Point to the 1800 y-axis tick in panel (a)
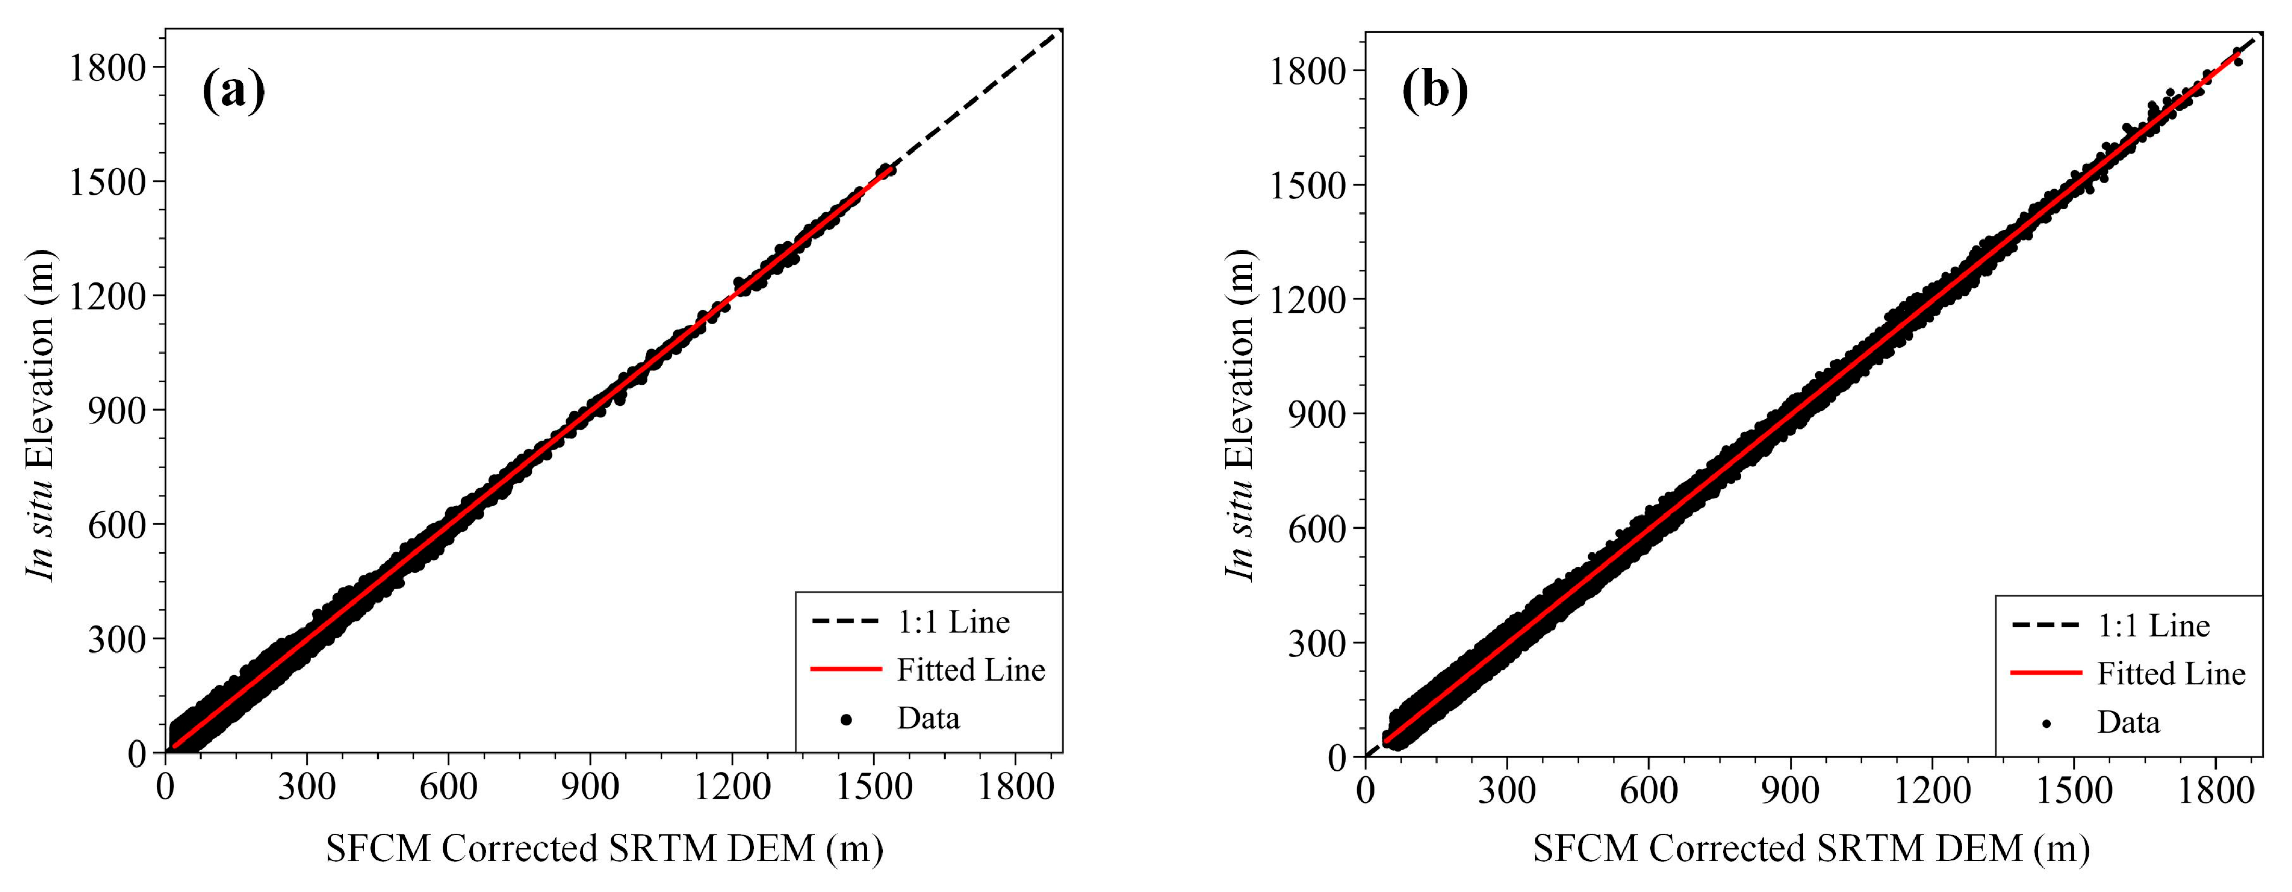coord(107,68)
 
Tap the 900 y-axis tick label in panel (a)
coord(116,410)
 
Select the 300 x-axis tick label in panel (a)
coord(306,787)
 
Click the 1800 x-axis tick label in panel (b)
coord(2215,790)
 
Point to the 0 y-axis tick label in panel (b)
coord(1337,758)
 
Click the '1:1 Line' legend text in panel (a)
coord(953,622)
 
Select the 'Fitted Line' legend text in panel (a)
coord(971,670)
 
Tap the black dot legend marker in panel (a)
coord(846,719)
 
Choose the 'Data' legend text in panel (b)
coord(2129,722)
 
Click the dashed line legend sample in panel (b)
coord(2046,626)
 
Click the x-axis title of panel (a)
coord(604,848)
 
